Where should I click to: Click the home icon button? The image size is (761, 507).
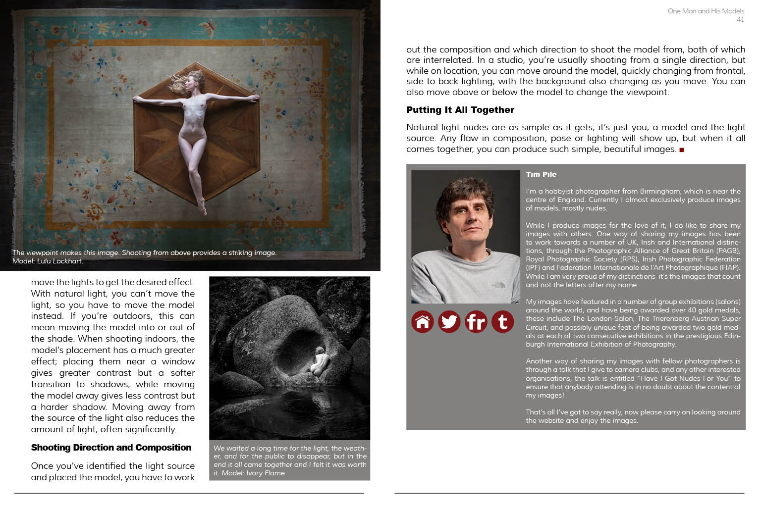tap(423, 322)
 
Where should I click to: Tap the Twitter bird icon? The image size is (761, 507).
tap(449, 322)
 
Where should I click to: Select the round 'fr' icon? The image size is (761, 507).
tap(476, 322)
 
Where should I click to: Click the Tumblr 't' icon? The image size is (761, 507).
tap(503, 322)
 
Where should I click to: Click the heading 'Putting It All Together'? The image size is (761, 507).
tap(460, 110)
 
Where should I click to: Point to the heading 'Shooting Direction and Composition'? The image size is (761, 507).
tap(111, 448)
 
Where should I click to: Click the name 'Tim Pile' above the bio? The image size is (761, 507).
tap(541, 174)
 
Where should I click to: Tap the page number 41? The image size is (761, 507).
tap(740, 20)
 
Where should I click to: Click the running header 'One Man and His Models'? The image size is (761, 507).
tap(706, 11)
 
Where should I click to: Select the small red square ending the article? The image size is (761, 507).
tap(682, 150)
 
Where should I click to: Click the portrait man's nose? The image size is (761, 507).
tap(468, 221)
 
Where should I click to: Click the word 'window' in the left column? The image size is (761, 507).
tap(178, 361)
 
